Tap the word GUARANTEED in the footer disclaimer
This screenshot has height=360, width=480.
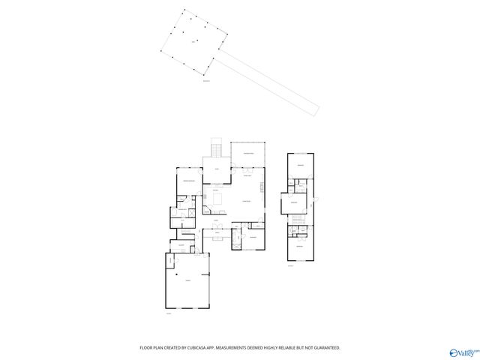pos(328,348)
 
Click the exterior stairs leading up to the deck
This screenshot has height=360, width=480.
pos(217,148)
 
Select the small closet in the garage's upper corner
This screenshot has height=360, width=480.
pos(170,259)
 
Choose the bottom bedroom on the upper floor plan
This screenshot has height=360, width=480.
pos(299,246)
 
